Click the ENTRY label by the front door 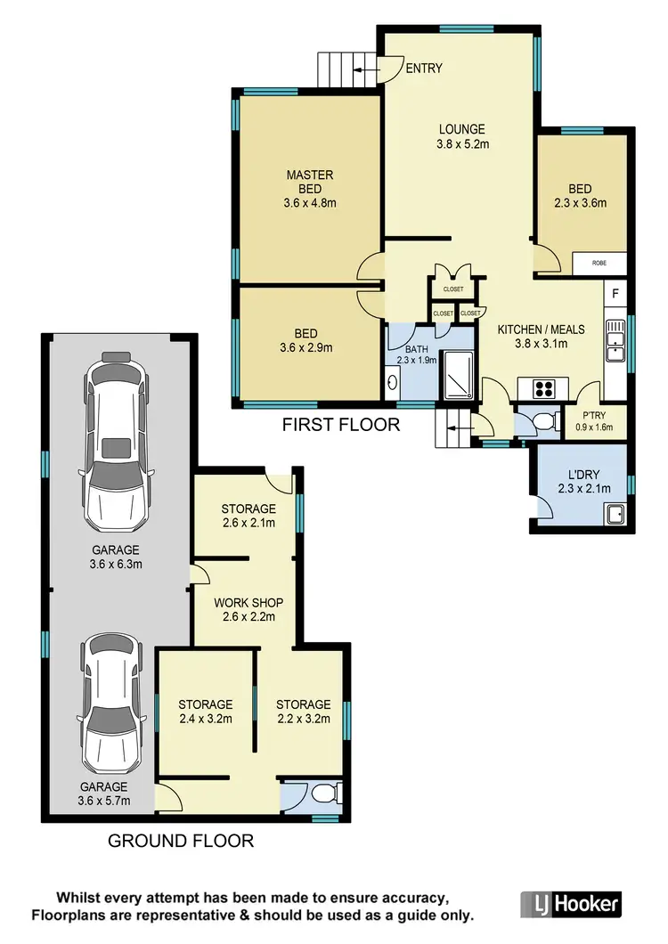click(424, 69)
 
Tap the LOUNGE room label click(461, 129)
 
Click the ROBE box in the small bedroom click(599, 264)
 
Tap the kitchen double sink click(615, 341)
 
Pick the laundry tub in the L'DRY click(614, 515)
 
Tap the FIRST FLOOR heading click(341, 425)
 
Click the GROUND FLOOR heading click(181, 840)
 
